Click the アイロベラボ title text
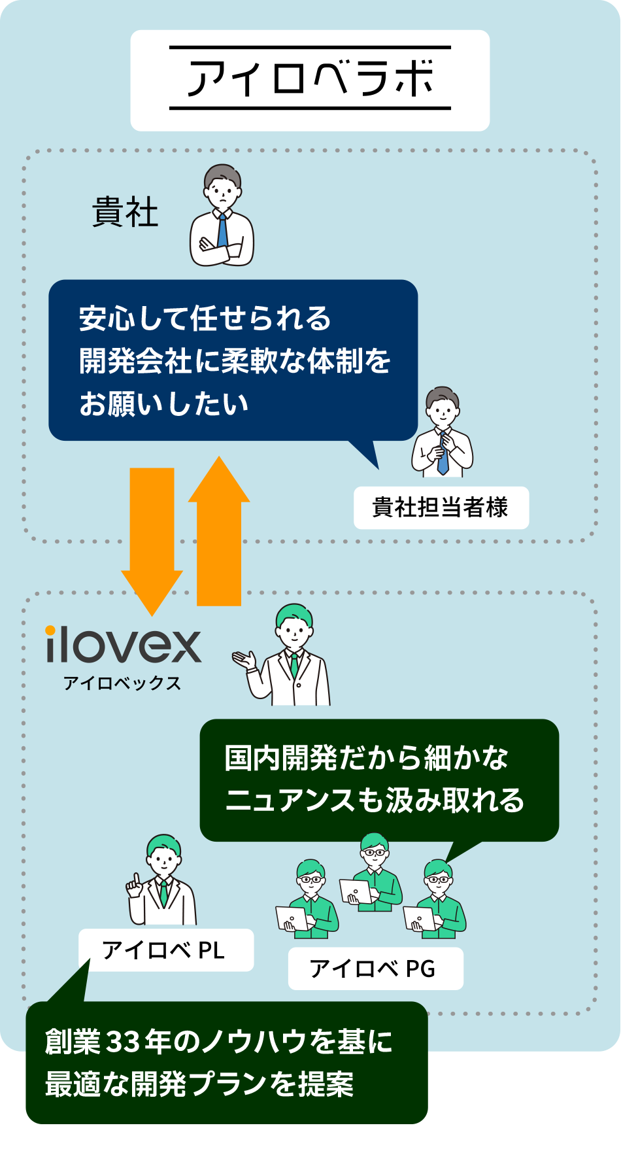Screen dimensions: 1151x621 tap(310, 78)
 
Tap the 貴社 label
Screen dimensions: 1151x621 tap(125, 213)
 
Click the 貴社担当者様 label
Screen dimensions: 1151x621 tap(441, 507)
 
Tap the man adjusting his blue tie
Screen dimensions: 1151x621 tap(443, 433)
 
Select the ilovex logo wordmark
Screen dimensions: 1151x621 tap(123, 645)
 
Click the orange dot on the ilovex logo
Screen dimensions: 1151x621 tap(50, 630)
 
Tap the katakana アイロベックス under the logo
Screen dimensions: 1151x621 tap(122, 683)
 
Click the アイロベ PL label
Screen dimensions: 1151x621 tap(165, 950)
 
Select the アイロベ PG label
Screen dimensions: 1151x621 tap(375, 969)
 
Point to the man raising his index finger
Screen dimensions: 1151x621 tap(161, 880)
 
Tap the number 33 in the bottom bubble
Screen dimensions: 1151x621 tap(123, 1042)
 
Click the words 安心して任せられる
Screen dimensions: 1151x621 tap(205, 318)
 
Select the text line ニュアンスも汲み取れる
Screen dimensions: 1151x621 tap(375, 800)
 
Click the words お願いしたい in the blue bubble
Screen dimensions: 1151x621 tap(163, 404)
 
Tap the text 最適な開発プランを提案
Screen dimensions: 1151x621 tap(199, 1085)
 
